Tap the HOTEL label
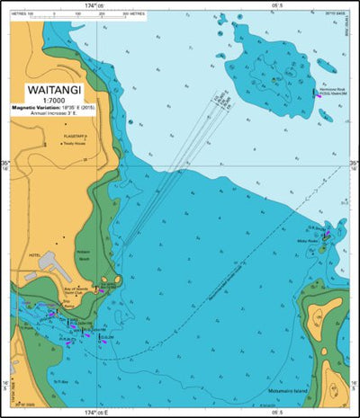coord(34,253)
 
